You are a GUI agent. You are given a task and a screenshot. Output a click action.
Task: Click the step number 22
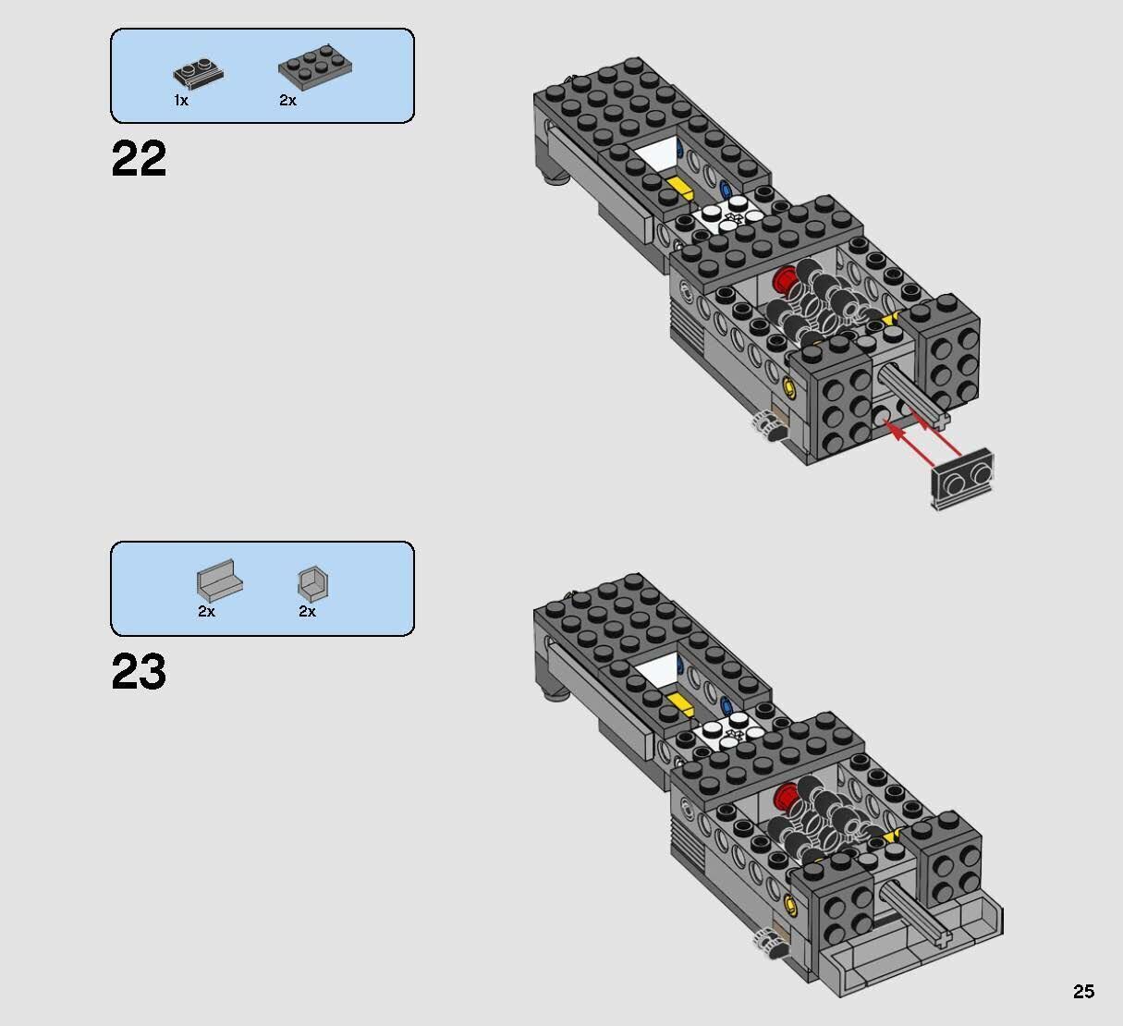tap(139, 159)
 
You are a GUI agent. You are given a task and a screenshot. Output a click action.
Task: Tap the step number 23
tap(139, 672)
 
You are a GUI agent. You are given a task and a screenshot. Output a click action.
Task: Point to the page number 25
tap(1083, 992)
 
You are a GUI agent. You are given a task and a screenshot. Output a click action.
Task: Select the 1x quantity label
tap(181, 101)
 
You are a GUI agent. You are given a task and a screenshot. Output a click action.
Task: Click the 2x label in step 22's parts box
tap(287, 101)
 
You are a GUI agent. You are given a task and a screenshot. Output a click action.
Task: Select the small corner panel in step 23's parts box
tap(313, 583)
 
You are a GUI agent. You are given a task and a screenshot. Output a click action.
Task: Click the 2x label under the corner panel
tap(307, 612)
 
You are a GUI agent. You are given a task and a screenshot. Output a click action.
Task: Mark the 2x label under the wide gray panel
tap(206, 612)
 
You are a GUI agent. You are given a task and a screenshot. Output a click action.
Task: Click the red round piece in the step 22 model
tap(787, 278)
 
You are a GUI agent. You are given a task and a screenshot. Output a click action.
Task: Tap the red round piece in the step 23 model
tap(787, 794)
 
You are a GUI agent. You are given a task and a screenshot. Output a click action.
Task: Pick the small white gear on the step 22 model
tap(763, 423)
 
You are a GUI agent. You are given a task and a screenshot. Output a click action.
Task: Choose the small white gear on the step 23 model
tap(763, 940)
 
